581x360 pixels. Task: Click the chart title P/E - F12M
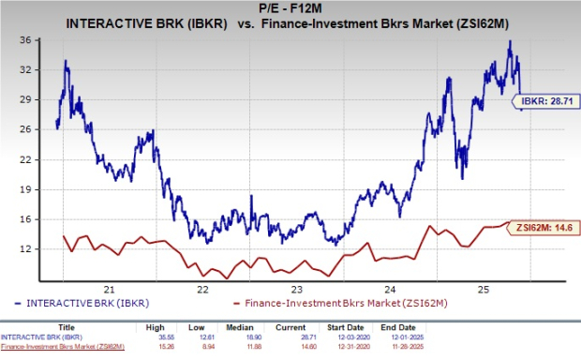pos(290,8)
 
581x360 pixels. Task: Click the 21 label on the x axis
pos(110,290)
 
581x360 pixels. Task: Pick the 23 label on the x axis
pos(296,290)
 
